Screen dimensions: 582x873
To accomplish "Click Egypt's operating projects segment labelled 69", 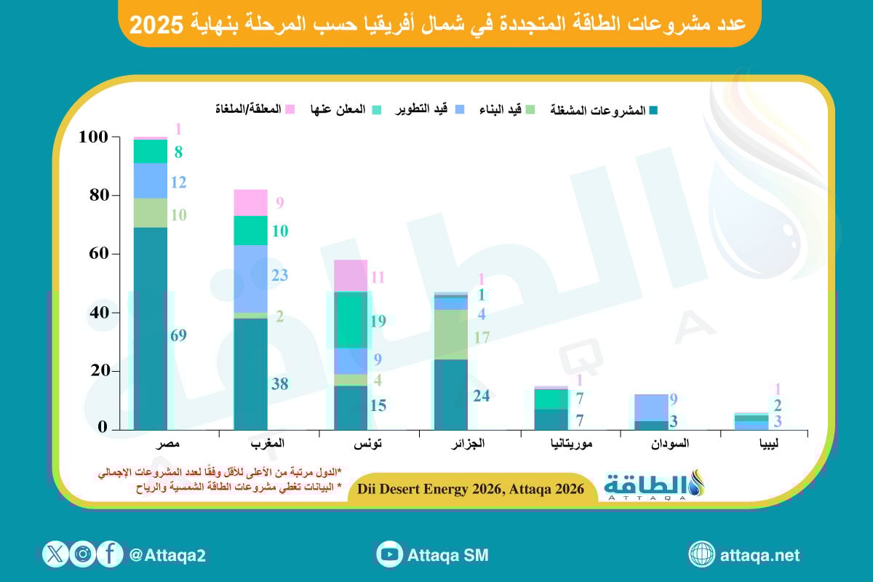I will click(151, 328).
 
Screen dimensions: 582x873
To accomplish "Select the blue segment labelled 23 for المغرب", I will click(251, 279).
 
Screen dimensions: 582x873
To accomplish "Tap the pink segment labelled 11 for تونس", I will click(350, 275).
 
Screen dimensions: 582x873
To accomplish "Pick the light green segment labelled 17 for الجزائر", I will click(451, 335).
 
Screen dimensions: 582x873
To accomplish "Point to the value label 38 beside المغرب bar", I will click(279, 384).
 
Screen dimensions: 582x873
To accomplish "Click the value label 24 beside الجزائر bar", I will click(481, 396).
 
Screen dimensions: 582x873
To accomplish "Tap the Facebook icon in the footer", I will click(110, 555).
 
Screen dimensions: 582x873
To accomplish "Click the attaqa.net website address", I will click(760, 555).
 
